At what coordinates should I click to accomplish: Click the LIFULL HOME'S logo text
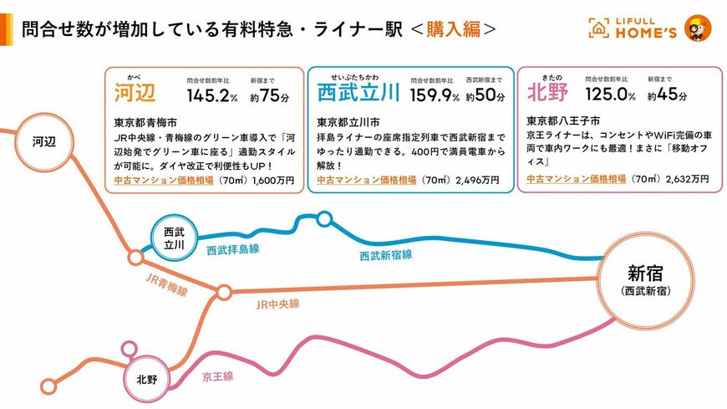pyautogui.click(x=643, y=28)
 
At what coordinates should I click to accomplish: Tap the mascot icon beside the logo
pyautogui.click(x=698, y=28)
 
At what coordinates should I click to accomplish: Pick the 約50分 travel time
pyautogui.click(x=486, y=95)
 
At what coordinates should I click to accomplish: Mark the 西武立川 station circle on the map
pyautogui.click(x=175, y=238)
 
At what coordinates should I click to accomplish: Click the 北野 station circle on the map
pyautogui.click(x=146, y=379)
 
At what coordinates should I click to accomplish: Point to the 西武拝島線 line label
pyautogui.click(x=232, y=249)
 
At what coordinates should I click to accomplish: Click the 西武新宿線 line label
pyautogui.click(x=385, y=254)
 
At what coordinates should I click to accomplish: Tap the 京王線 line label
pyautogui.click(x=217, y=376)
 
